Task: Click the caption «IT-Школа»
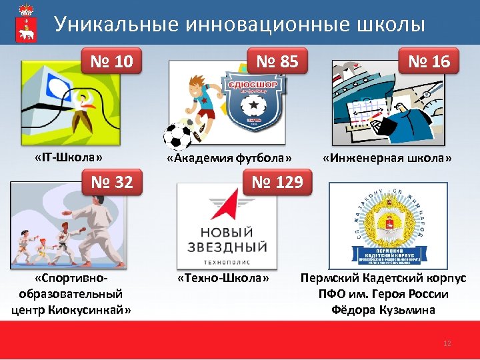click(69, 158)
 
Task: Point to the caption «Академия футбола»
click(229, 158)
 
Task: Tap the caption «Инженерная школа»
click(387, 158)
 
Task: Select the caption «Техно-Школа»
click(223, 277)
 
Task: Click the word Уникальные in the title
click(110, 25)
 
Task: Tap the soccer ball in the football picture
click(178, 135)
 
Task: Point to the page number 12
click(447, 343)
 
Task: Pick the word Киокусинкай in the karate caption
click(91, 309)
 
